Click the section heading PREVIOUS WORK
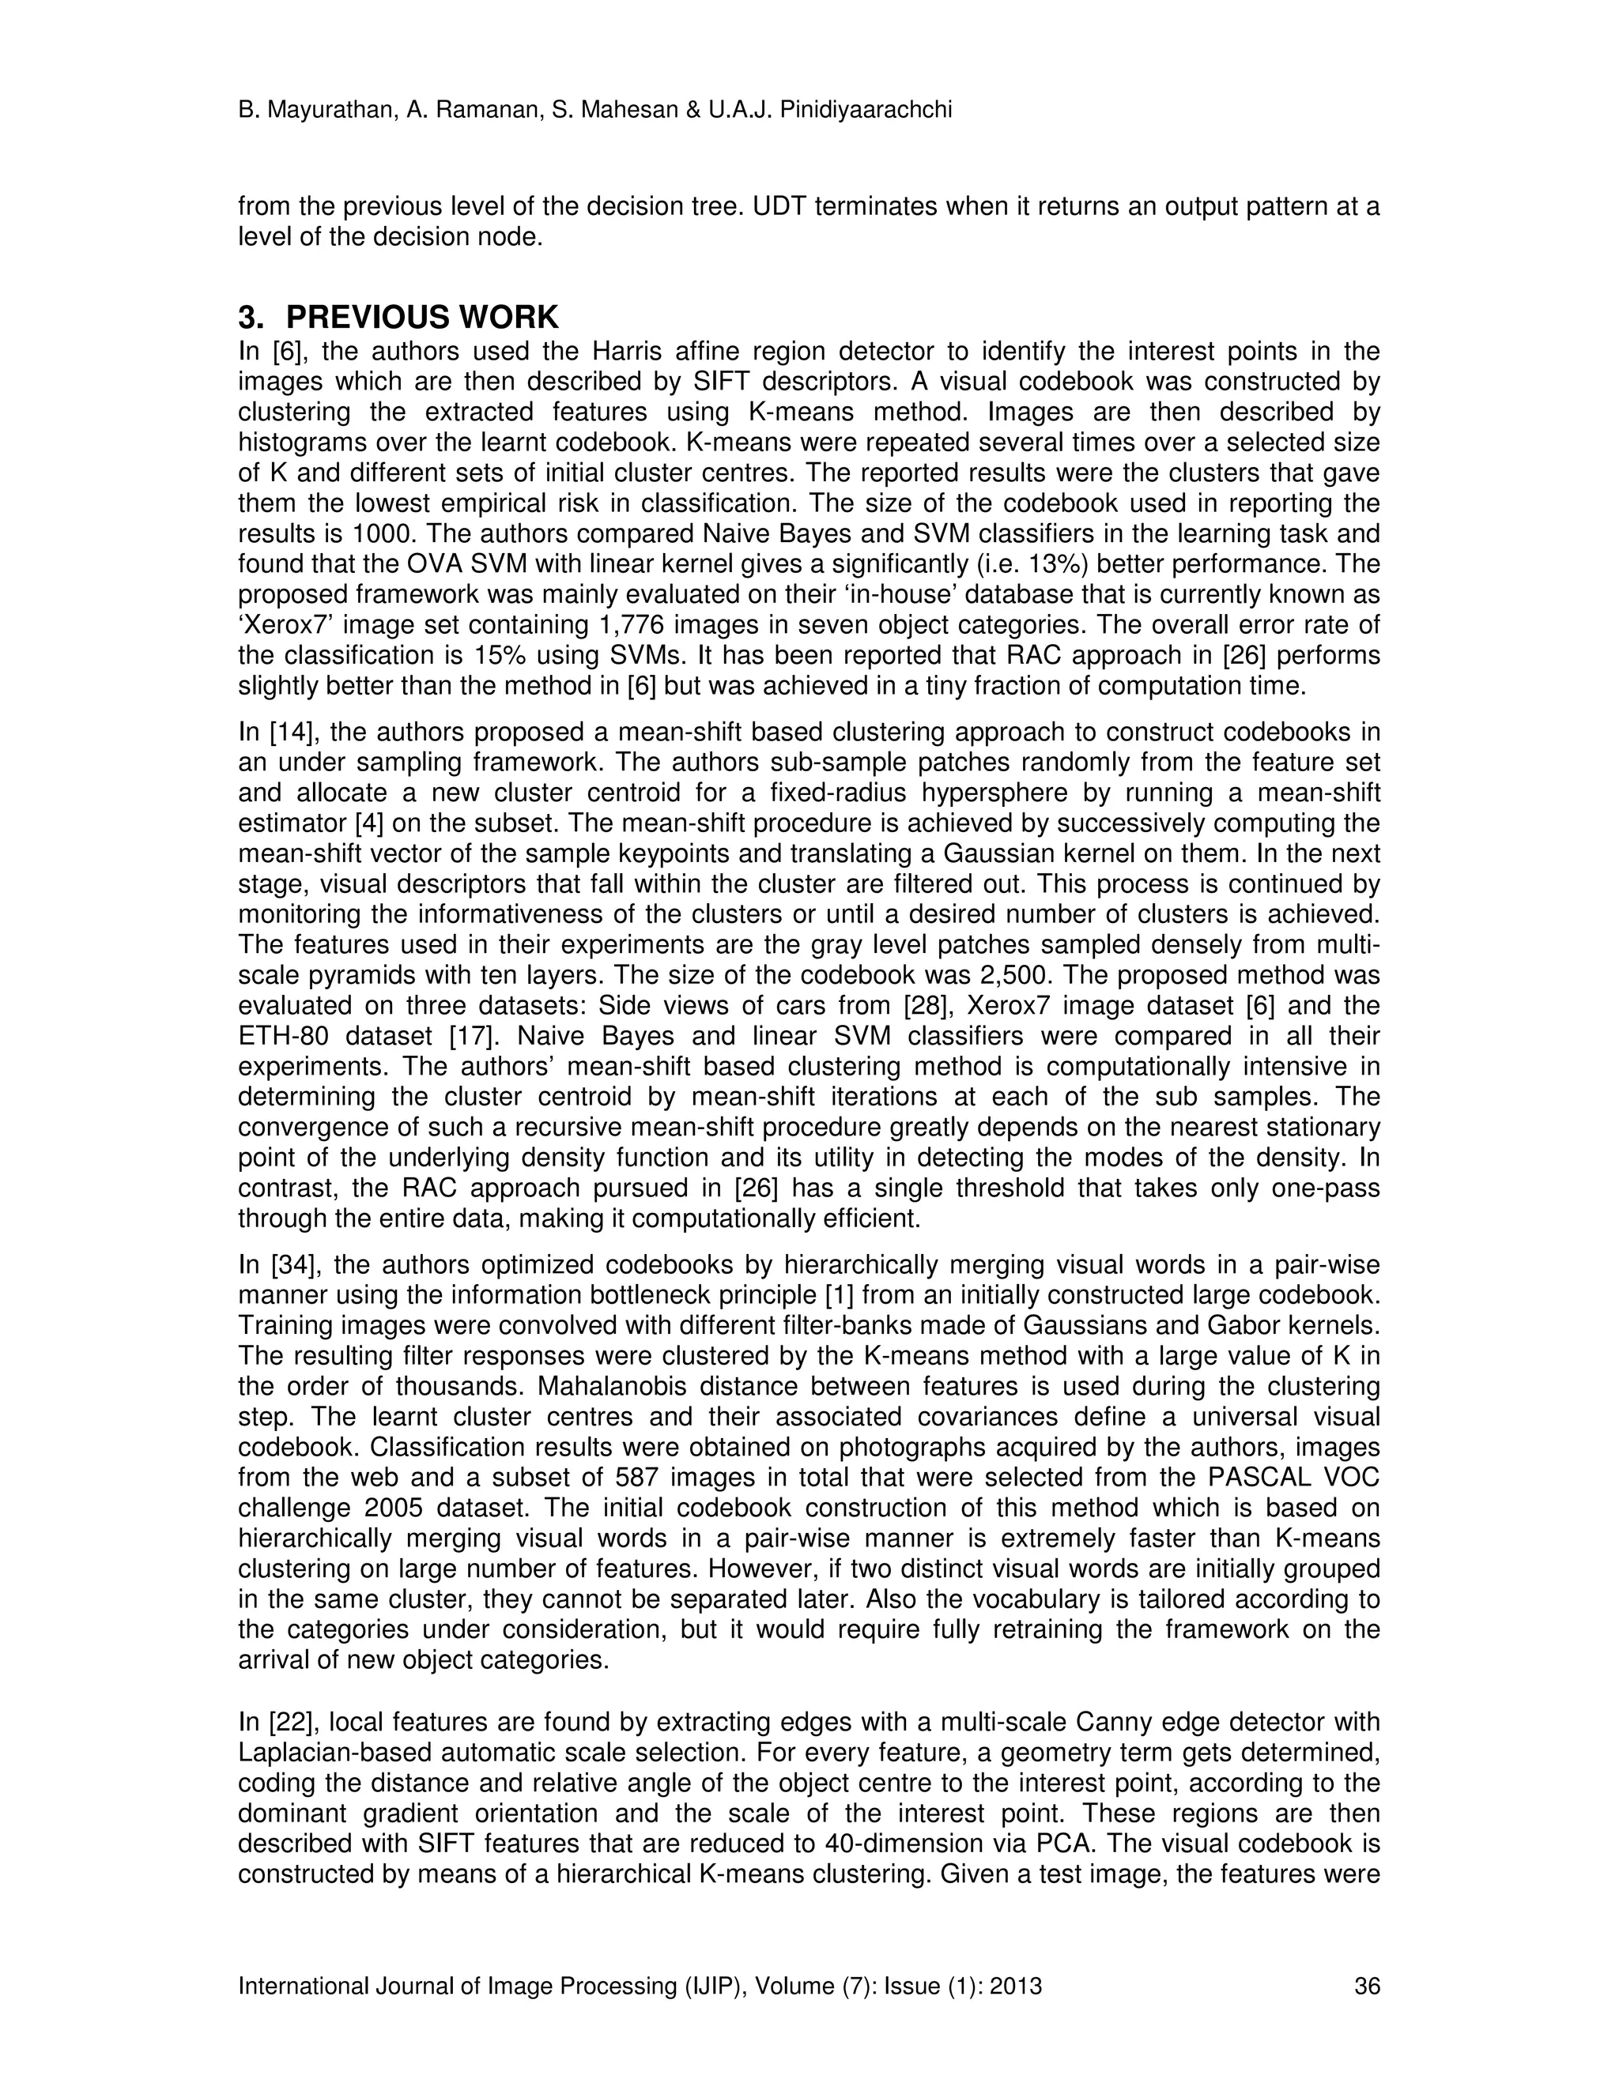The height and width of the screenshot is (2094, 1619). click(x=422, y=318)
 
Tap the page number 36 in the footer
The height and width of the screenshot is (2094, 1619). click(x=1367, y=1986)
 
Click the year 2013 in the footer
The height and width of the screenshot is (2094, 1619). click(x=1015, y=1986)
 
